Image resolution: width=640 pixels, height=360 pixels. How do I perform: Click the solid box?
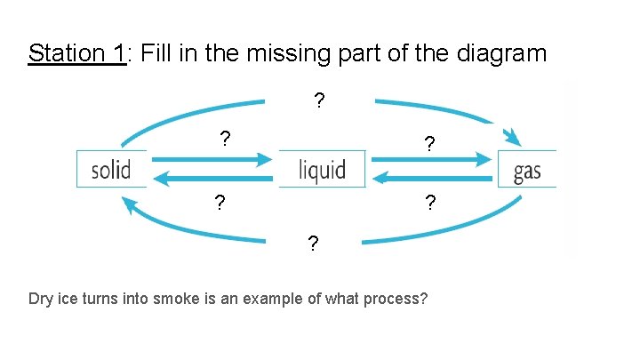point(112,169)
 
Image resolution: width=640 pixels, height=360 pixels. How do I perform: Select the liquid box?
point(321,169)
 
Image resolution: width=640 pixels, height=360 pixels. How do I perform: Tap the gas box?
point(527,169)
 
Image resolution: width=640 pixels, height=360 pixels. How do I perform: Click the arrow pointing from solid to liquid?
point(213,160)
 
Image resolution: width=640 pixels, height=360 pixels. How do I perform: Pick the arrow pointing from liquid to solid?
point(213,179)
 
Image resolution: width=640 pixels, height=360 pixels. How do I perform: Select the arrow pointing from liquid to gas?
point(431,160)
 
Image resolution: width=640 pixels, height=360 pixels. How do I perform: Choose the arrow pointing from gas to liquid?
point(431,179)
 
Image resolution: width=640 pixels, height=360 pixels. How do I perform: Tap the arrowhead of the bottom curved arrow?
point(130,205)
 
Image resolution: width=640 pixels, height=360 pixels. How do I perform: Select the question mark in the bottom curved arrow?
point(313,243)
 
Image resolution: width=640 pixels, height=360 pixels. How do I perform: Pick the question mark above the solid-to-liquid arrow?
point(226,139)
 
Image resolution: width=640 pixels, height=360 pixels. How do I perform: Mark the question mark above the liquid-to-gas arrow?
point(429,143)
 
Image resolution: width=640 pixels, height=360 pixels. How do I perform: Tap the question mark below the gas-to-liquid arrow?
point(429,204)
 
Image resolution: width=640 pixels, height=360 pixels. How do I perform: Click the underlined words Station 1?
point(77,53)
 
